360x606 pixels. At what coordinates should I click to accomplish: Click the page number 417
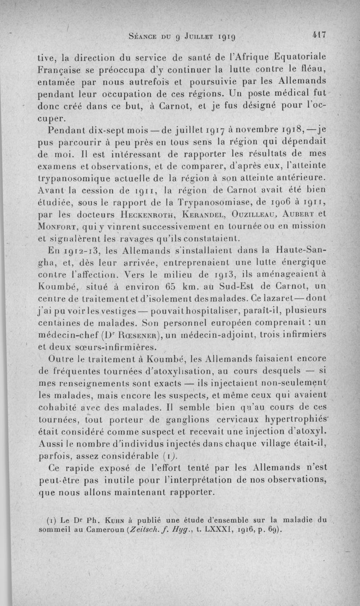(x=318, y=35)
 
